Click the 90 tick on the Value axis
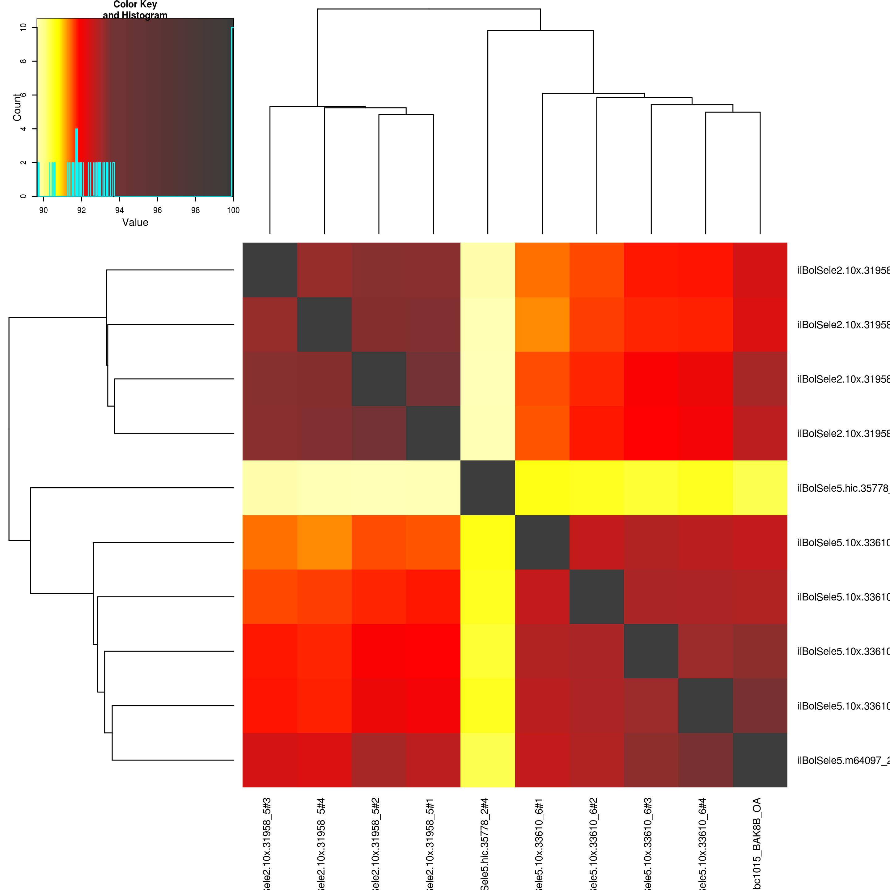[x=43, y=210]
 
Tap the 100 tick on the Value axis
[x=233, y=210]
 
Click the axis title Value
[x=135, y=222]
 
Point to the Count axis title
[x=17, y=107]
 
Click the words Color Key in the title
[x=135, y=5]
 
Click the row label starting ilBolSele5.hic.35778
[x=843, y=488]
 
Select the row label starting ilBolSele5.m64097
[x=843, y=761]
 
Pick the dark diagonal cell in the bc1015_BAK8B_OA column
[x=760, y=760]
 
